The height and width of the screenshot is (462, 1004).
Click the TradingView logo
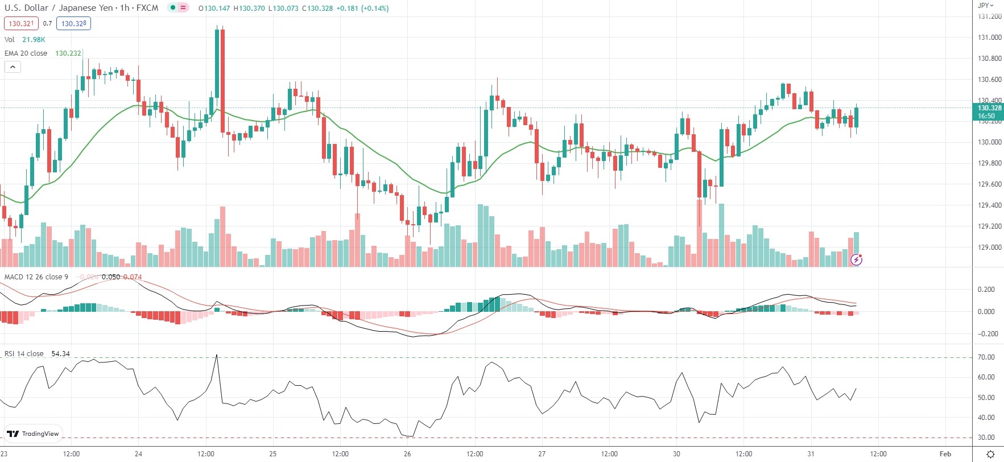coord(33,434)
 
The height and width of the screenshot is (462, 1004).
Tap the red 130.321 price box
coord(22,23)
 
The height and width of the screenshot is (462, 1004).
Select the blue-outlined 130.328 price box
coord(73,23)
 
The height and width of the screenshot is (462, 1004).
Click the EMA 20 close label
coord(26,53)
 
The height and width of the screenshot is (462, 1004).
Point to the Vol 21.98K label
coord(24,39)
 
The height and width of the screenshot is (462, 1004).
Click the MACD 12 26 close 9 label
coord(36,277)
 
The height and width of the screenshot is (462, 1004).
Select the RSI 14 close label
coord(24,353)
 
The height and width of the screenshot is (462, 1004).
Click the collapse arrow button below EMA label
coord(13,67)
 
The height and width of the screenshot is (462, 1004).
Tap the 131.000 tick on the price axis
coord(989,38)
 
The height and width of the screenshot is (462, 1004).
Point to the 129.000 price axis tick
coord(989,247)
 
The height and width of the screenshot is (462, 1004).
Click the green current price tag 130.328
coord(989,112)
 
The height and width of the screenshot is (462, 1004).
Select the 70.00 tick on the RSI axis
coord(986,357)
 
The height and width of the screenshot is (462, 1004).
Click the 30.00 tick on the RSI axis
coord(986,438)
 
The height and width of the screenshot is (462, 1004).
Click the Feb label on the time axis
coord(945,453)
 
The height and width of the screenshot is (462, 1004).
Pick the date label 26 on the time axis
coord(407,453)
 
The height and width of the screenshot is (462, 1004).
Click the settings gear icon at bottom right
coord(990,453)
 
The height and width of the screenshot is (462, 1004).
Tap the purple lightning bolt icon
coord(856,260)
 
